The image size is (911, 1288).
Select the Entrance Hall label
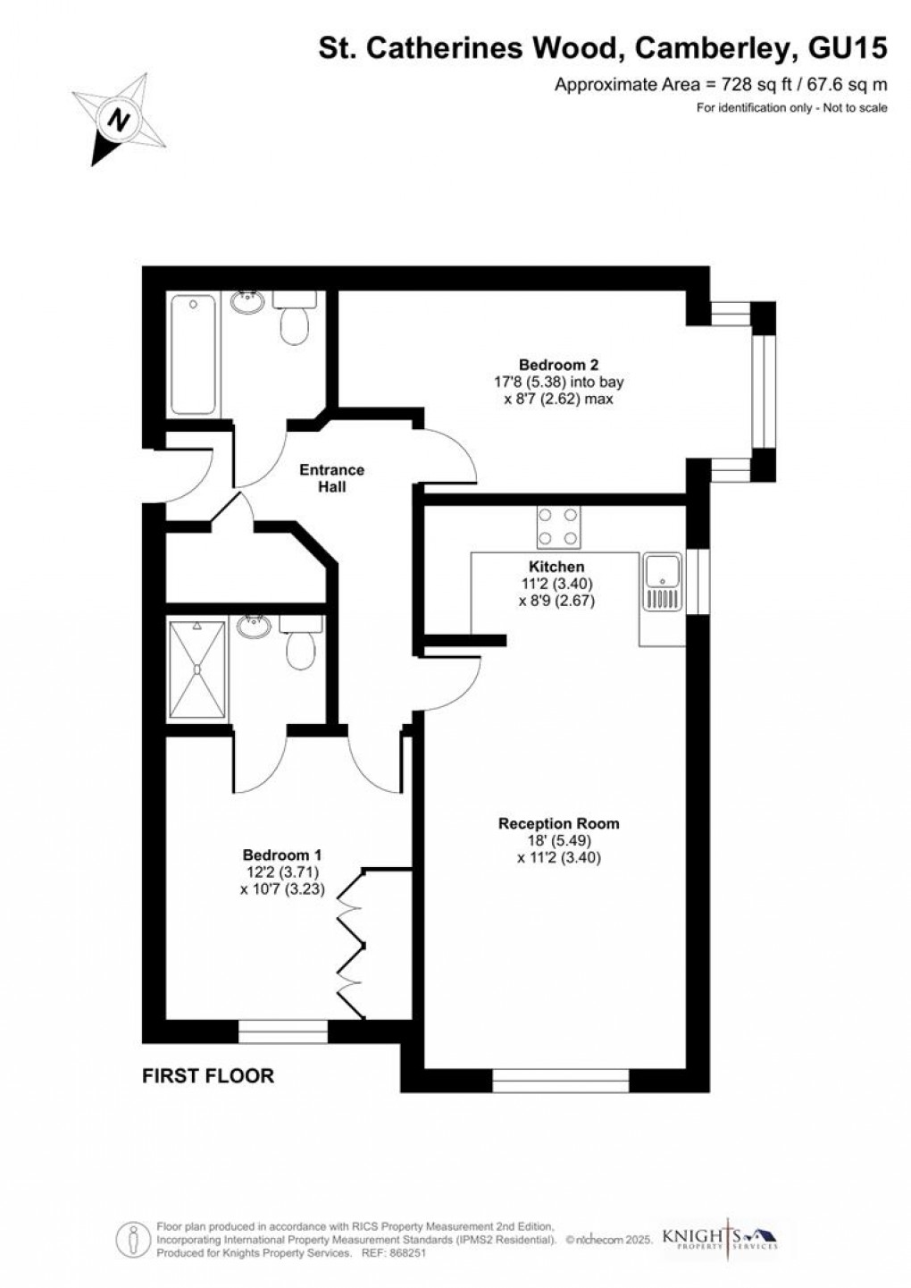pyautogui.click(x=331, y=478)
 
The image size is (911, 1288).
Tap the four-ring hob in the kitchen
pyautogui.click(x=558, y=526)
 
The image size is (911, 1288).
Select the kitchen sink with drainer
pyautogui.click(x=662, y=583)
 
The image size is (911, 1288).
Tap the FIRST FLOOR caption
pyautogui.click(x=208, y=1076)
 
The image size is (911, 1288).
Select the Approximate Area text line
pyautogui.click(x=721, y=86)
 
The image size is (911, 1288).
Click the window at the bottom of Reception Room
pyautogui.click(x=561, y=1081)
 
